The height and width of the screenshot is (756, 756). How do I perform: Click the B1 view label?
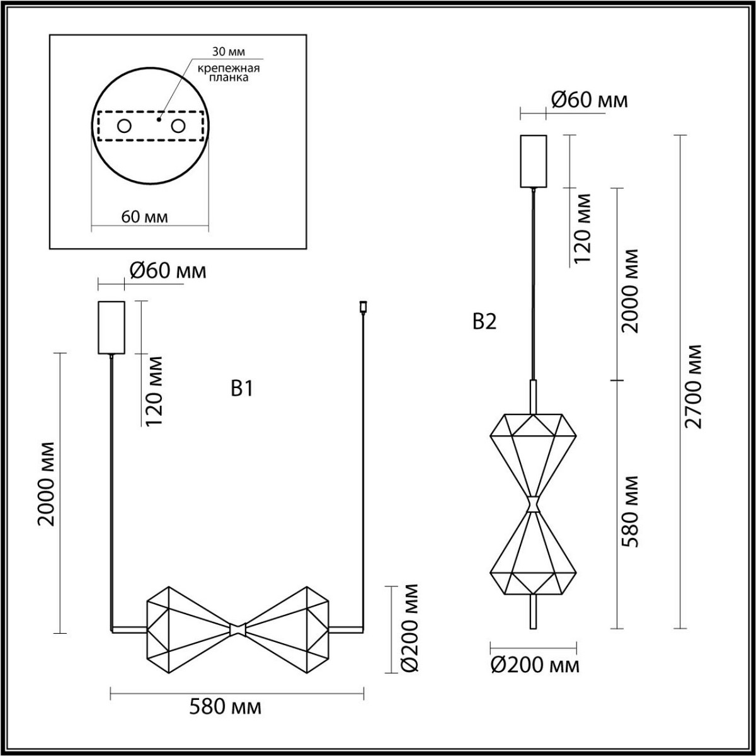click(242, 389)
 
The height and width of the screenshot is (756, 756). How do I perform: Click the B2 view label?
click(484, 323)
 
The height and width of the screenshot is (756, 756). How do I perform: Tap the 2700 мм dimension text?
click(694, 386)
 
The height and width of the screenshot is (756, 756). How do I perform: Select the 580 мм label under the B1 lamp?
click(225, 707)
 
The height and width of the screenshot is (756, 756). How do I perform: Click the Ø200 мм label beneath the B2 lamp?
click(534, 665)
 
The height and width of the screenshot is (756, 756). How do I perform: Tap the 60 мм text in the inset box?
click(144, 217)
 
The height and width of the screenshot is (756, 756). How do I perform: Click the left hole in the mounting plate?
click(123, 126)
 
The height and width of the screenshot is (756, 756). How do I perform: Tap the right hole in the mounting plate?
click(179, 126)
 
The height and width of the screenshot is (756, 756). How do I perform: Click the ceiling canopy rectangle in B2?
click(534, 161)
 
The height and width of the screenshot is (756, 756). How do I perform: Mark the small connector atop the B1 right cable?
click(362, 307)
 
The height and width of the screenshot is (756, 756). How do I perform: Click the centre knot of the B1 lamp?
click(238, 629)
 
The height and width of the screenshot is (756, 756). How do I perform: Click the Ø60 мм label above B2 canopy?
click(589, 100)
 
